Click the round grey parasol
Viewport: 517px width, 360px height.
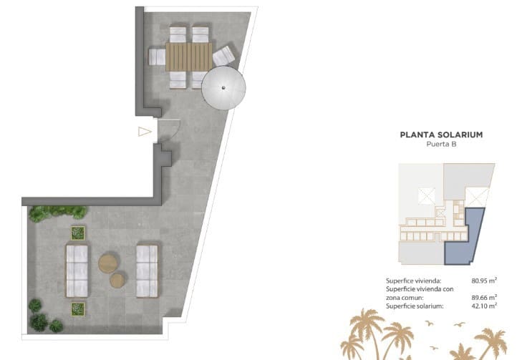223,89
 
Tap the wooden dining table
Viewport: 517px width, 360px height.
190,57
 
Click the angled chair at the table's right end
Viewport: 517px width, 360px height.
223,55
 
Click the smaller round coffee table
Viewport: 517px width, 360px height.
117,280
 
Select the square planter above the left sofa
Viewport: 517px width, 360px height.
77,232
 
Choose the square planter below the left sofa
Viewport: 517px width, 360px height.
77,308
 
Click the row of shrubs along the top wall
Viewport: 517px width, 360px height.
59,213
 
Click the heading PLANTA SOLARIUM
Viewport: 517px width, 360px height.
441,134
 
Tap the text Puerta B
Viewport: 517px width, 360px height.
441,144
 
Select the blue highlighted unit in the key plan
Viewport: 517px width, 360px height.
465,240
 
